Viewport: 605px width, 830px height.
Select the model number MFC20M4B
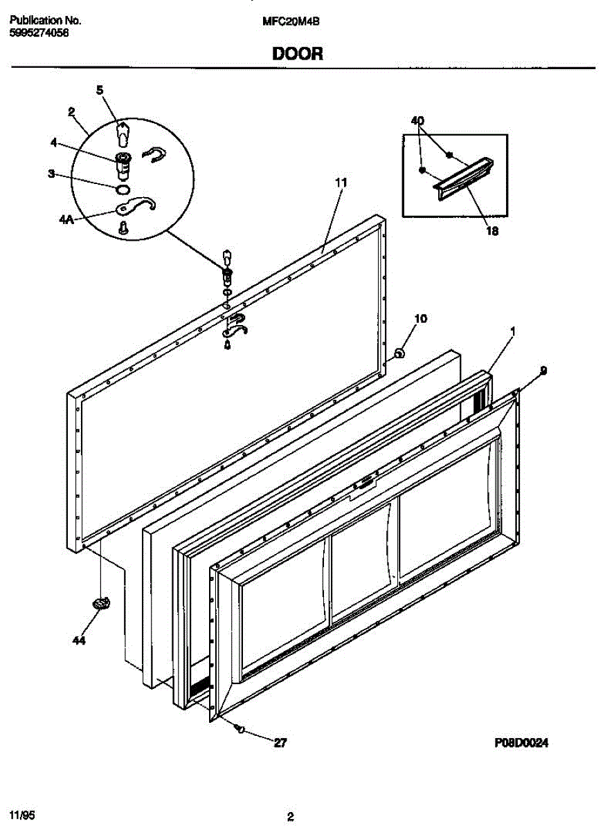pyautogui.click(x=291, y=21)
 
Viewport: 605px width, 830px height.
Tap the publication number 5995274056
pyautogui.click(x=39, y=33)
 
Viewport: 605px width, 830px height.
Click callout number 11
pyautogui.click(x=340, y=183)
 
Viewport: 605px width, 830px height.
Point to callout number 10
pyautogui.click(x=420, y=319)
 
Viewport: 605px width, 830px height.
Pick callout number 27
pyautogui.click(x=280, y=744)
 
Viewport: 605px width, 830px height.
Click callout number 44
pyautogui.click(x=79, y=641)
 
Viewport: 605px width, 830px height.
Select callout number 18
pyautogui.click(x=491, y=232)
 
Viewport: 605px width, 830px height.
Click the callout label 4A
pyautogui.click(x=66, y=220)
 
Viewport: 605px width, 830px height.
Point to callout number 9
pyautogui.click(x=543, y=371)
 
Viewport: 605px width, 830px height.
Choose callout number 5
pyautogui.click(x=99, y=90)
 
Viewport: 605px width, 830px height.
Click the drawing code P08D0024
pyautogui.click(x=521, y=744)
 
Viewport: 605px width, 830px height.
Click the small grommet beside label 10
pyautogui.click(x=399, y=353)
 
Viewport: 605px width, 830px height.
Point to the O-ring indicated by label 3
pyautogui.click(x=123, y=188)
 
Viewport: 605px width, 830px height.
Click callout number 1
pyautogui.click(x=512, y=333)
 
